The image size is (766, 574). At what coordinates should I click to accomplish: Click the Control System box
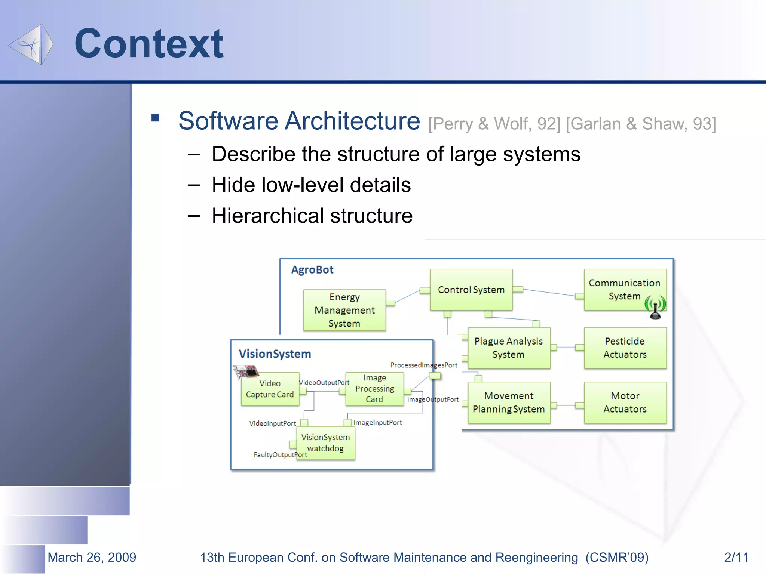[471, 290]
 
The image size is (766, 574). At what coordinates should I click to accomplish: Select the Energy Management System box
[344, 310]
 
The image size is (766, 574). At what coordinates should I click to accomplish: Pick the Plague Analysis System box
[508, 348]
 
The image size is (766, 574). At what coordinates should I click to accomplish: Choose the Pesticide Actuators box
[625, 348]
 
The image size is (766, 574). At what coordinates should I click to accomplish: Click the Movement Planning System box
[509, 402]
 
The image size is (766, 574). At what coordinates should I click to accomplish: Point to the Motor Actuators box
[625, 402]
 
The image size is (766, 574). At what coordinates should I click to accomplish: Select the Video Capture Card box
[270, 389]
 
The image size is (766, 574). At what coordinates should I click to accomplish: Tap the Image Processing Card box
[374, 389]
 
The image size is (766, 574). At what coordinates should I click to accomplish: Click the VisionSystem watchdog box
[325, 443]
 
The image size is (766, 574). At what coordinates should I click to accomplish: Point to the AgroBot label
[312, 270]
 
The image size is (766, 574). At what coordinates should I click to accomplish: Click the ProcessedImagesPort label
[424, 365]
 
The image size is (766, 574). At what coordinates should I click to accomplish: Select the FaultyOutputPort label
[280, 455]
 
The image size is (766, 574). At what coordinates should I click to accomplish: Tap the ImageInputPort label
[377, 423]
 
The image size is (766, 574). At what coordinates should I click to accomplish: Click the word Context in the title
[149, 44]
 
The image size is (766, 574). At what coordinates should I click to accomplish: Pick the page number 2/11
[736, 557]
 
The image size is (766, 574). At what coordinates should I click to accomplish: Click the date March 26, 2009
[92, 557]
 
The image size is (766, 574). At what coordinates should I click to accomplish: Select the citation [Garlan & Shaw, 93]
[641, 124]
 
